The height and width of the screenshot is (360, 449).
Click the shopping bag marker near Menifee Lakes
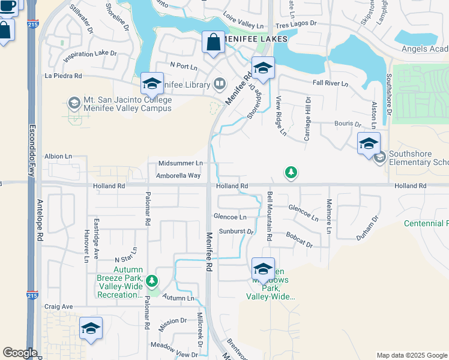tap(213, 43)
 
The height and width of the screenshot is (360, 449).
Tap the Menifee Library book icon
tap(220, 83)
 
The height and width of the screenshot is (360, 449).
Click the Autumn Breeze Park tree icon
tap(152, 280)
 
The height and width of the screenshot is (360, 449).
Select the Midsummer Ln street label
tap(181, 163)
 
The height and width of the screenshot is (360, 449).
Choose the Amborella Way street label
tap(178, 176)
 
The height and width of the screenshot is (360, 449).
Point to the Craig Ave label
tap(58, 307)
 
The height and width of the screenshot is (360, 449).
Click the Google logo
tap(20, 353)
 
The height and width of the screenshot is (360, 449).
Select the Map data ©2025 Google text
tap(411, 355)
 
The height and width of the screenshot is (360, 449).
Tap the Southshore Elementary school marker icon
tap(379, 158)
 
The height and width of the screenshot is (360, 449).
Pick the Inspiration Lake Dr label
tap(90, 53)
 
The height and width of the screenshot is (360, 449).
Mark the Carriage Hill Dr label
tap(307, 119)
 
